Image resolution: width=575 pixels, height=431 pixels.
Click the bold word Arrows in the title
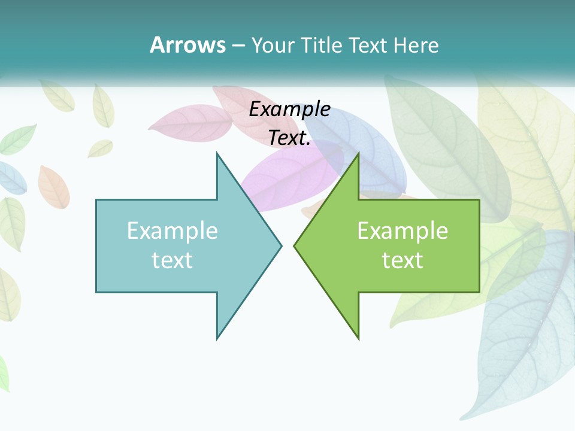click(187, 45)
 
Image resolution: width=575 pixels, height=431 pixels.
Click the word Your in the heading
click(273, 45)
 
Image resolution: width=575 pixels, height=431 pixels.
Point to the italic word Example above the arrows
click(289, 109)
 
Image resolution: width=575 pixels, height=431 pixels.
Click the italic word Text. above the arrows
click(289, 138)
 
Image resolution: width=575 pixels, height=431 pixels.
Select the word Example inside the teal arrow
click(172, 230)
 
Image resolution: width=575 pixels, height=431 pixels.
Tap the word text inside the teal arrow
click(172, 260)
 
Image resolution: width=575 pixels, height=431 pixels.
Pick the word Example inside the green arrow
click(402, 230)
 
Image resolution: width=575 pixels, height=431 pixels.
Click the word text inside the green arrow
click(402, 260)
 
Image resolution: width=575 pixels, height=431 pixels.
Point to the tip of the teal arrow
click(281, 245)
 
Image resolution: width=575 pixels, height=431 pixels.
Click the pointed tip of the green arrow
click(294, 245)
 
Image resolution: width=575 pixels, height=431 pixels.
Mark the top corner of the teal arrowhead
click(217, 153)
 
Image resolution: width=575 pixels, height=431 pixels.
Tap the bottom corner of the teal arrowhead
click(217, 339)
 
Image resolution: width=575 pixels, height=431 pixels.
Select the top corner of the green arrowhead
click(358, 153)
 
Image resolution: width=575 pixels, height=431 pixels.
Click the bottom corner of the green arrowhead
click(358, 339)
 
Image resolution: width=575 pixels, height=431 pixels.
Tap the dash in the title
click(238, 45)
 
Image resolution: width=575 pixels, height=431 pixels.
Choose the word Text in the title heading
click(367, 45)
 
